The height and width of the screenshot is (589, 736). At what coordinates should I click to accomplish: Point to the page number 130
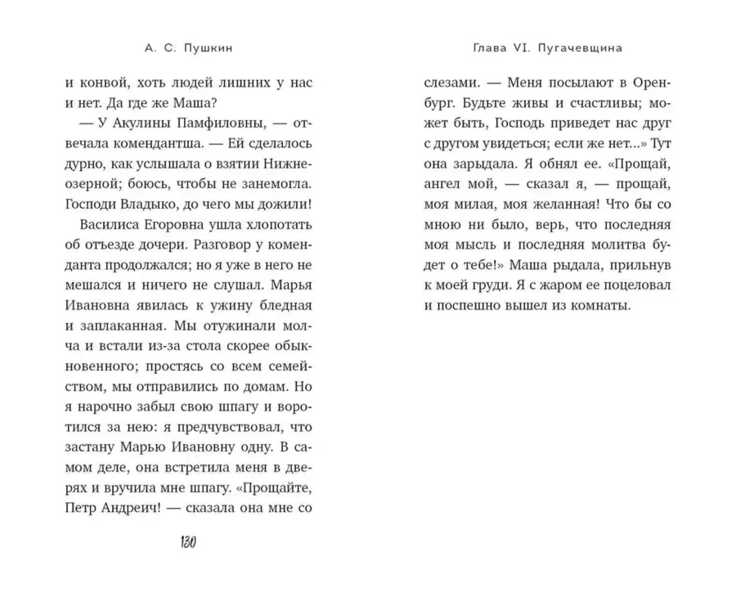point(187,543)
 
